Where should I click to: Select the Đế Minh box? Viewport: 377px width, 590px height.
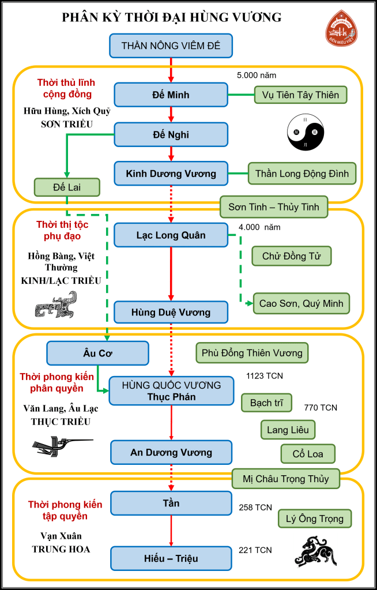click(x=171, y=95)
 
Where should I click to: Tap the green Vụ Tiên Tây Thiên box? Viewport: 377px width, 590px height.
click(x=300, y=95)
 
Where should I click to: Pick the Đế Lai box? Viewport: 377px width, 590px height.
click(x=67, y=187)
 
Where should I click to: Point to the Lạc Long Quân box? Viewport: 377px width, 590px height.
click(x=171, y=235)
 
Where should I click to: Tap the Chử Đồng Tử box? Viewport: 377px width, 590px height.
click(x=292, y=256)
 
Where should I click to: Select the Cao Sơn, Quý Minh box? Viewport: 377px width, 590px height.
click(x=301, y=303)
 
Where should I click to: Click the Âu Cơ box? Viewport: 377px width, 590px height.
click(x=97, y=352)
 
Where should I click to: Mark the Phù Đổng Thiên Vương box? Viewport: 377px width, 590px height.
click(x=252, y=352)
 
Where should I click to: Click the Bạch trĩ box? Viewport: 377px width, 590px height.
click(x=266, y=402)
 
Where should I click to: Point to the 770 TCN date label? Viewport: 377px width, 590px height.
click(x=321, y=408)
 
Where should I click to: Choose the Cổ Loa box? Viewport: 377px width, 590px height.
click(x=307, y=454)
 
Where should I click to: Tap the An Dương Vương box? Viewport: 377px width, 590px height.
click(x=171, y=453)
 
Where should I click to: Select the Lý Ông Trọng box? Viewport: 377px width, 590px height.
click(x=314, y=518)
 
